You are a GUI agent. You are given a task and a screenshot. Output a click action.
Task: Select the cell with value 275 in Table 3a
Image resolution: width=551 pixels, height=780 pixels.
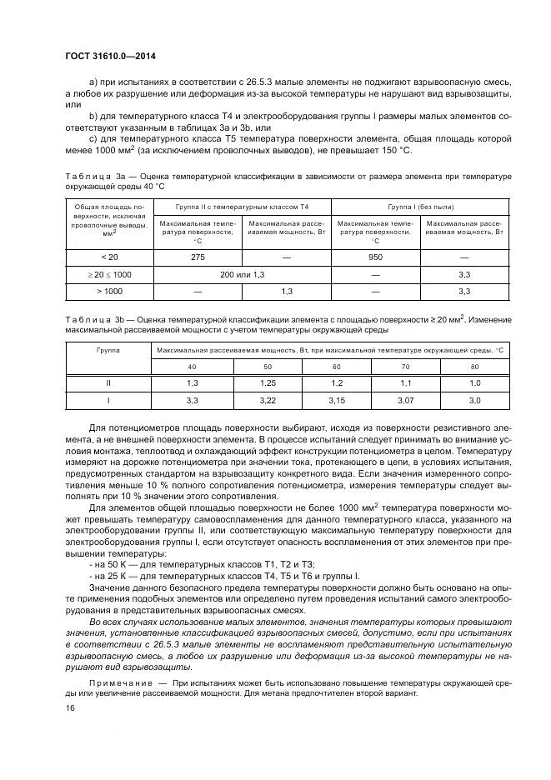pyautogui.click(x=198, y=257)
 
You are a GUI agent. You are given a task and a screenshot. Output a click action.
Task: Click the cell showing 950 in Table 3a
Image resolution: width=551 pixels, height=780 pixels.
pyautogui.click(x=375, y=257)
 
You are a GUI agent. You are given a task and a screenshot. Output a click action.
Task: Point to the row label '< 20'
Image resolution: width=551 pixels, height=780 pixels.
pyautogui.click(x=109, y=257)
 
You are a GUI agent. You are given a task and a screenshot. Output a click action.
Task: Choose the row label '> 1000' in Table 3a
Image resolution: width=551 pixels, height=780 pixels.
pyautogui.click(x=109, y=291)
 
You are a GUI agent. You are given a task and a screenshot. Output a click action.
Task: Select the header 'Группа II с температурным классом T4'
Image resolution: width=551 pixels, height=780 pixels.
pyautogui.click(x=242, y=205)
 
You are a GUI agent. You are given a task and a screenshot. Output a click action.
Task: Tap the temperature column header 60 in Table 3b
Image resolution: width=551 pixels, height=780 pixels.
pyautogui.click(x=336, y=367)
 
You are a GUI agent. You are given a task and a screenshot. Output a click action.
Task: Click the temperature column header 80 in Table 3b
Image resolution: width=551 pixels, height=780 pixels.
pyautogui.click(x=474, y=367)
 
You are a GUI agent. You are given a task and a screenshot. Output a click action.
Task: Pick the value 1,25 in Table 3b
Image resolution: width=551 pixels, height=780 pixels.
pyautogui.click(x=267, y=384)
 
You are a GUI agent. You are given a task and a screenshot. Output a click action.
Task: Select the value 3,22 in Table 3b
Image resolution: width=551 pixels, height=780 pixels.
pyautogui.click(x=267, y=401)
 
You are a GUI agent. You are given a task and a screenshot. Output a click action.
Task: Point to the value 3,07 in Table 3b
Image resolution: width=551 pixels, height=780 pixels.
pyautogui.click(x=405, y=401)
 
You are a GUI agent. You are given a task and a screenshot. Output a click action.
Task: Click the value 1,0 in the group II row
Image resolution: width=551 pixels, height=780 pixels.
pyautogui.click(x=474, y=384)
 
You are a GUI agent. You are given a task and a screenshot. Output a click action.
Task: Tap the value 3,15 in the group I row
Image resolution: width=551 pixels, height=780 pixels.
pyautogui.click(x=336, y=401)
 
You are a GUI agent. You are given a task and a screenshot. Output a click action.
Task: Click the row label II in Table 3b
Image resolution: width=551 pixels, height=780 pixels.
pyautogui.click(x=109, y=384)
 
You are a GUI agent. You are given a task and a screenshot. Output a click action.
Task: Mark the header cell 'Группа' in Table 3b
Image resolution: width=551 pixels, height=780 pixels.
pyautogui.click(x=109, y=350)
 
